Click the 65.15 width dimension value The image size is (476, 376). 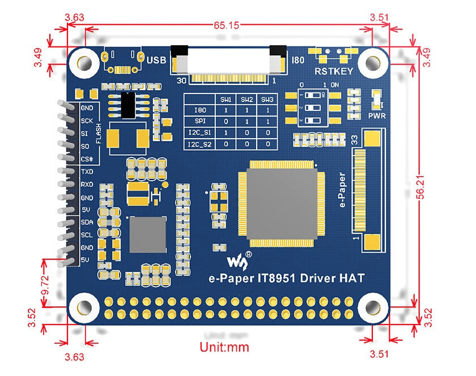tap(226, 25)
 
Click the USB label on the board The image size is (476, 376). tap(156, 59)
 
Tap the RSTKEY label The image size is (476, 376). tap(334, 71)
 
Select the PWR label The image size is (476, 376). tap(376, 116)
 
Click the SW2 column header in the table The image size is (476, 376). tap(247, 100)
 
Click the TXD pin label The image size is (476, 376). tap(87, 171)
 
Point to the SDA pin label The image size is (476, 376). tap(87, 223)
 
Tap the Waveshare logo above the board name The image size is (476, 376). tap(235, 260)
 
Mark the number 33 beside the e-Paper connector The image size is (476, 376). tap(355, 139)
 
